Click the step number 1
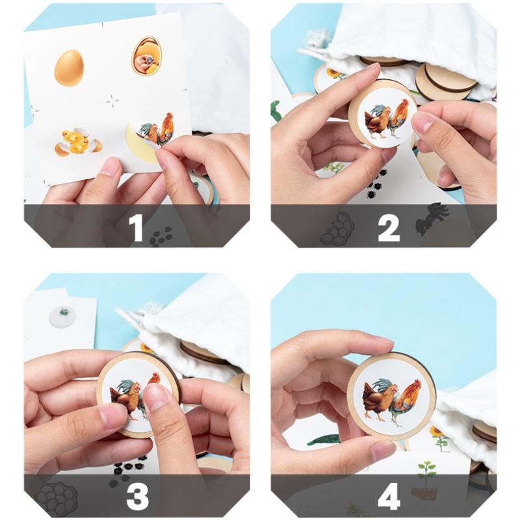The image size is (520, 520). coord(136,227)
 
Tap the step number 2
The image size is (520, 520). coord(389,228)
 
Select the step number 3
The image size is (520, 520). coord(137,497)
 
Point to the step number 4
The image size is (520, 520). coord(389,497)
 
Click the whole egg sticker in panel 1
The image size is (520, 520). coord(69,68)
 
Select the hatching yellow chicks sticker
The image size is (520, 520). coord(78,142)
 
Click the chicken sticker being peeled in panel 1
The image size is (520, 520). coord(155,131)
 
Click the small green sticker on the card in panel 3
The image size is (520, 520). coord(64,312)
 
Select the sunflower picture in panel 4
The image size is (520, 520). coord(440,437)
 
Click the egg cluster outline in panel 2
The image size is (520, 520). coord(337,229)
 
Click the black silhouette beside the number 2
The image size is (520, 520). coord(431,219)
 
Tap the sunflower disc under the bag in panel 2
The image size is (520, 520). coord(333,75)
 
